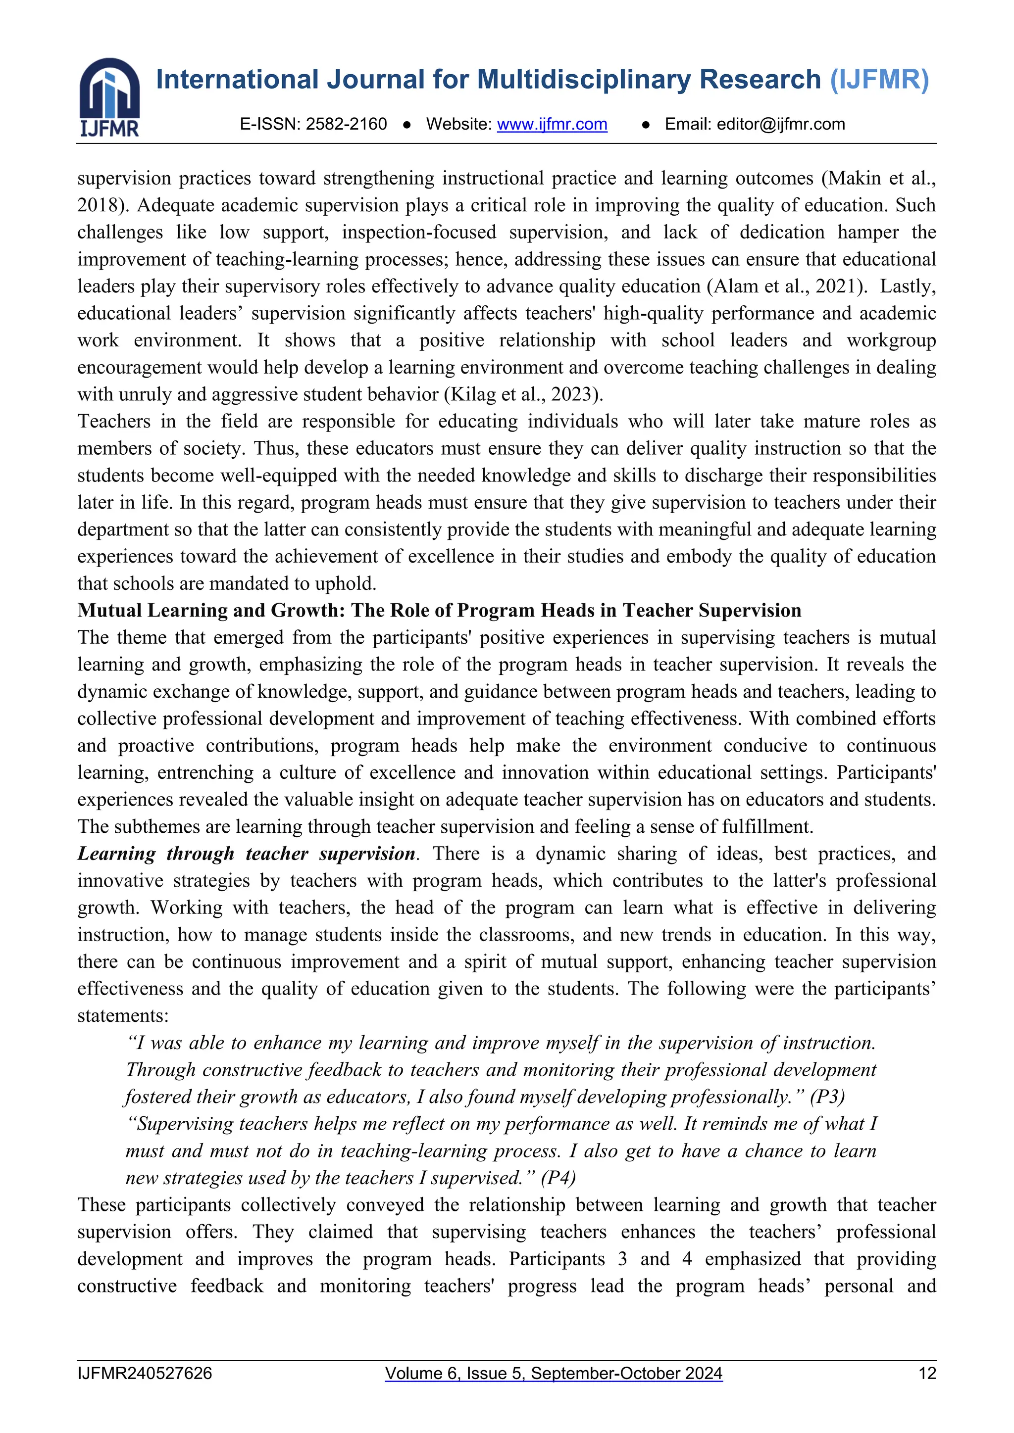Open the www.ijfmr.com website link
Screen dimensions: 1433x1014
point(552,124)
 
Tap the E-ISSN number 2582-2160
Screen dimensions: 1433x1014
point(346,124)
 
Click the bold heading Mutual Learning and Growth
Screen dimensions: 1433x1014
point(439,611)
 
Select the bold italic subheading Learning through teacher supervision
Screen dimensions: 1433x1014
point(247,854)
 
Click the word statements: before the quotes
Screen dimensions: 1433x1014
point(122,1016)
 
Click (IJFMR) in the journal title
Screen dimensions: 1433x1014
point(879,80)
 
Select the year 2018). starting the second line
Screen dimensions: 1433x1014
point(103,205)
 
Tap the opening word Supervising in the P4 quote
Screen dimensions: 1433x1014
point(186,1124)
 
